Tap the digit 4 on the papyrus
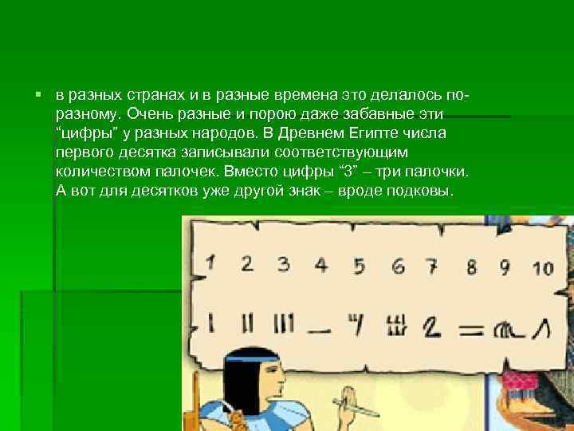pos(320,264)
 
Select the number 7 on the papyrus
pos(431,265)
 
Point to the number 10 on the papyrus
pos(542,267)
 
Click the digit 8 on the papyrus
pos(472,266)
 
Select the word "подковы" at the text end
pos(421,192)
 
